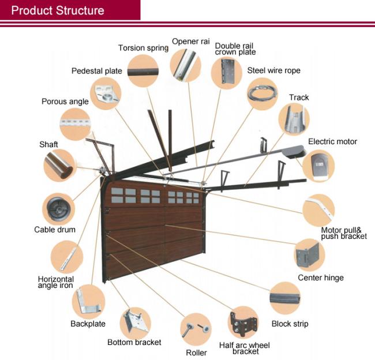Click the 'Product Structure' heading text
coord(58,10)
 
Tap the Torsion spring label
coord(143,48)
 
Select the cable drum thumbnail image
coord(59,209)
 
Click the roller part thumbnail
coord(196,329)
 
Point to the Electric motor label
coord(332,141)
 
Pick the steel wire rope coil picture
coord(262,94)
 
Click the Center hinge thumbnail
coord(309,254)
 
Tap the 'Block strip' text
coord(290,324)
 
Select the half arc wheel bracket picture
coord(243,322)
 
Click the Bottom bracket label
coord(134,342)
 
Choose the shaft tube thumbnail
coord(59,166)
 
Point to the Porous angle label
coord(65,102)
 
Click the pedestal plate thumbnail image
coord(106,93)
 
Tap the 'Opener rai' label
coord(190,42)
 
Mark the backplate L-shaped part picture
coord(88,301)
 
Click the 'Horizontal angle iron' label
coord(56,282)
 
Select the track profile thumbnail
coord(294,119)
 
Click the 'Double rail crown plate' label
coord(235,49)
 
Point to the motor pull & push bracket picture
coord(318,210)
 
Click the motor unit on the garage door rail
coord(294,152)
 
